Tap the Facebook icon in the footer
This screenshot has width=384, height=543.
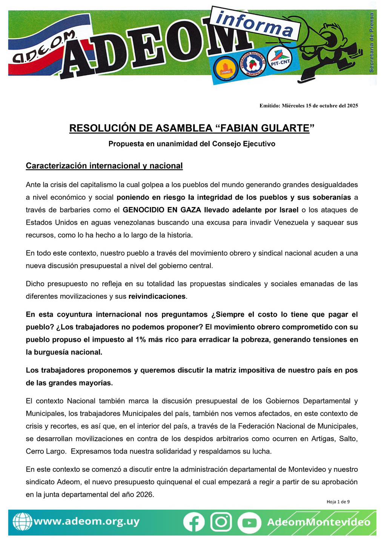194,522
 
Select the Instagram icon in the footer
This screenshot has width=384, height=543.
221,522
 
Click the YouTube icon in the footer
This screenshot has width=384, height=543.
249,523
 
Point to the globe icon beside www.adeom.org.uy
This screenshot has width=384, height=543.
22,522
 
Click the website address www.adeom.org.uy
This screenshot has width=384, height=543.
86,522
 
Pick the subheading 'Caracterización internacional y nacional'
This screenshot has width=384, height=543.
104,166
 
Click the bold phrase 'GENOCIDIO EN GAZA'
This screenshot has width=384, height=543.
162,210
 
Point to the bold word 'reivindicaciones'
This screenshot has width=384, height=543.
157,296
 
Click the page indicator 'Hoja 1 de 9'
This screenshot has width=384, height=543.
338,502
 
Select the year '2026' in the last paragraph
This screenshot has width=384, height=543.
144,494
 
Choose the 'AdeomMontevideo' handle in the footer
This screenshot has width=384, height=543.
318,522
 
